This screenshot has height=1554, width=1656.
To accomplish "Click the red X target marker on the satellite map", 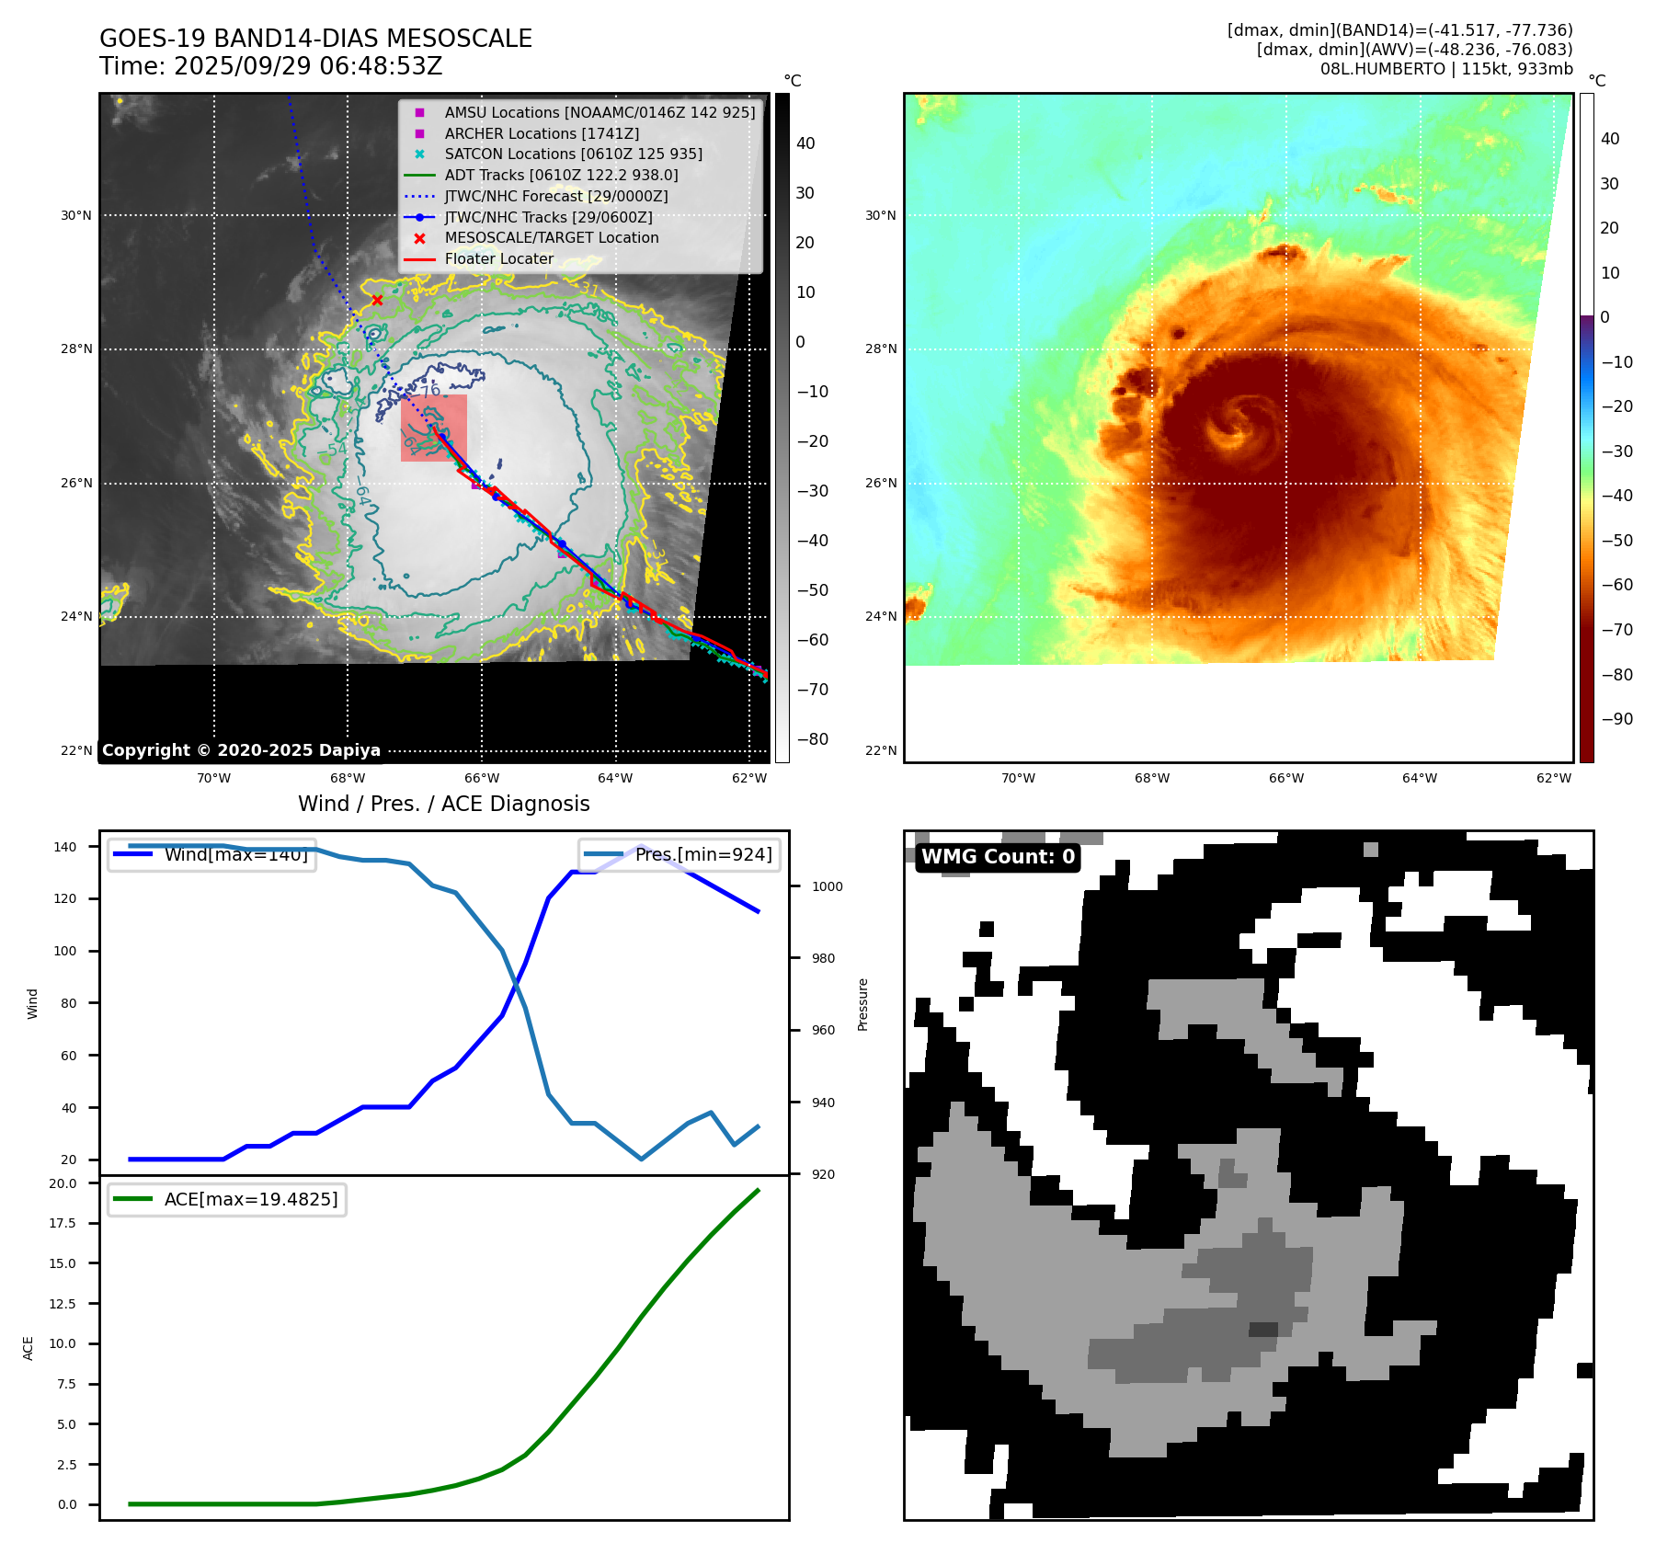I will click(x=377, y=301).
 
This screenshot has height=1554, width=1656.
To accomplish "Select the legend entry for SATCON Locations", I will click(x=573, y=154).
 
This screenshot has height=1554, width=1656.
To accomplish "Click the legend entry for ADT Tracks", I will click(x=561, y=176).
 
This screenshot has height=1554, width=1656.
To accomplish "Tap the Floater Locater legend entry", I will click(x=498, y=259).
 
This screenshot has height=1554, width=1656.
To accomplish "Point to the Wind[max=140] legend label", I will click(x=235, y=855).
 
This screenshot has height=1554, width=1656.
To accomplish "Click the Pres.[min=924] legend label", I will click(x=703, y=855).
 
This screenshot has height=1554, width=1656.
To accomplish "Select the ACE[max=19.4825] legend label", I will click(x=250, y=1200).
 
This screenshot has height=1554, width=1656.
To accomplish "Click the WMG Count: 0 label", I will click(x=998, y=857).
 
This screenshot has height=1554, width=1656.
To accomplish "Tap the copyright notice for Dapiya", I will click(x=241, y=750).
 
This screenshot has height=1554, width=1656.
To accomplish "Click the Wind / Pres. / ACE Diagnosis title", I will click(x=444, y=804).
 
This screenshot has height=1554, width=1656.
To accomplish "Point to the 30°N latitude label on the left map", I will click(x=76, y=216).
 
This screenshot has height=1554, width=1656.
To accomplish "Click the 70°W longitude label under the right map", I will click(x=1018, y=779).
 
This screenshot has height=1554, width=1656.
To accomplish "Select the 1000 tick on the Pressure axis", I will click(x=827, y=887).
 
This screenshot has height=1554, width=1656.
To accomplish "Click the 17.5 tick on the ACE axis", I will click(x=63, y=1224).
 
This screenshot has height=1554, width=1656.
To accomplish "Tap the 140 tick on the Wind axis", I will click(x=65, y=847).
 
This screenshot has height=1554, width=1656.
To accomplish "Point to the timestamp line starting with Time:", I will click(x=271, y=67).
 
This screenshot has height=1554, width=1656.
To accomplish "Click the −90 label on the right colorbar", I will click(x=1616, y=719).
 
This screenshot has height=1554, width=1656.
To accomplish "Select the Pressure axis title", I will click(x=862, y=1004).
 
